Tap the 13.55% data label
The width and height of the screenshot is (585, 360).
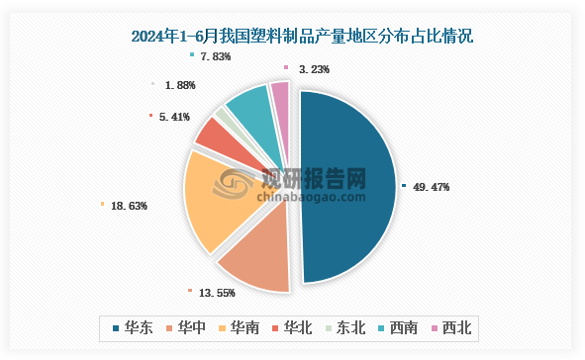pos(217,293)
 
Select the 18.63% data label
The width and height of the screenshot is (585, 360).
pos(130,206)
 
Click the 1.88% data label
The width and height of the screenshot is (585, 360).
pos(179,85)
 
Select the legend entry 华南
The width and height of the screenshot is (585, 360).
pos(245,327)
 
